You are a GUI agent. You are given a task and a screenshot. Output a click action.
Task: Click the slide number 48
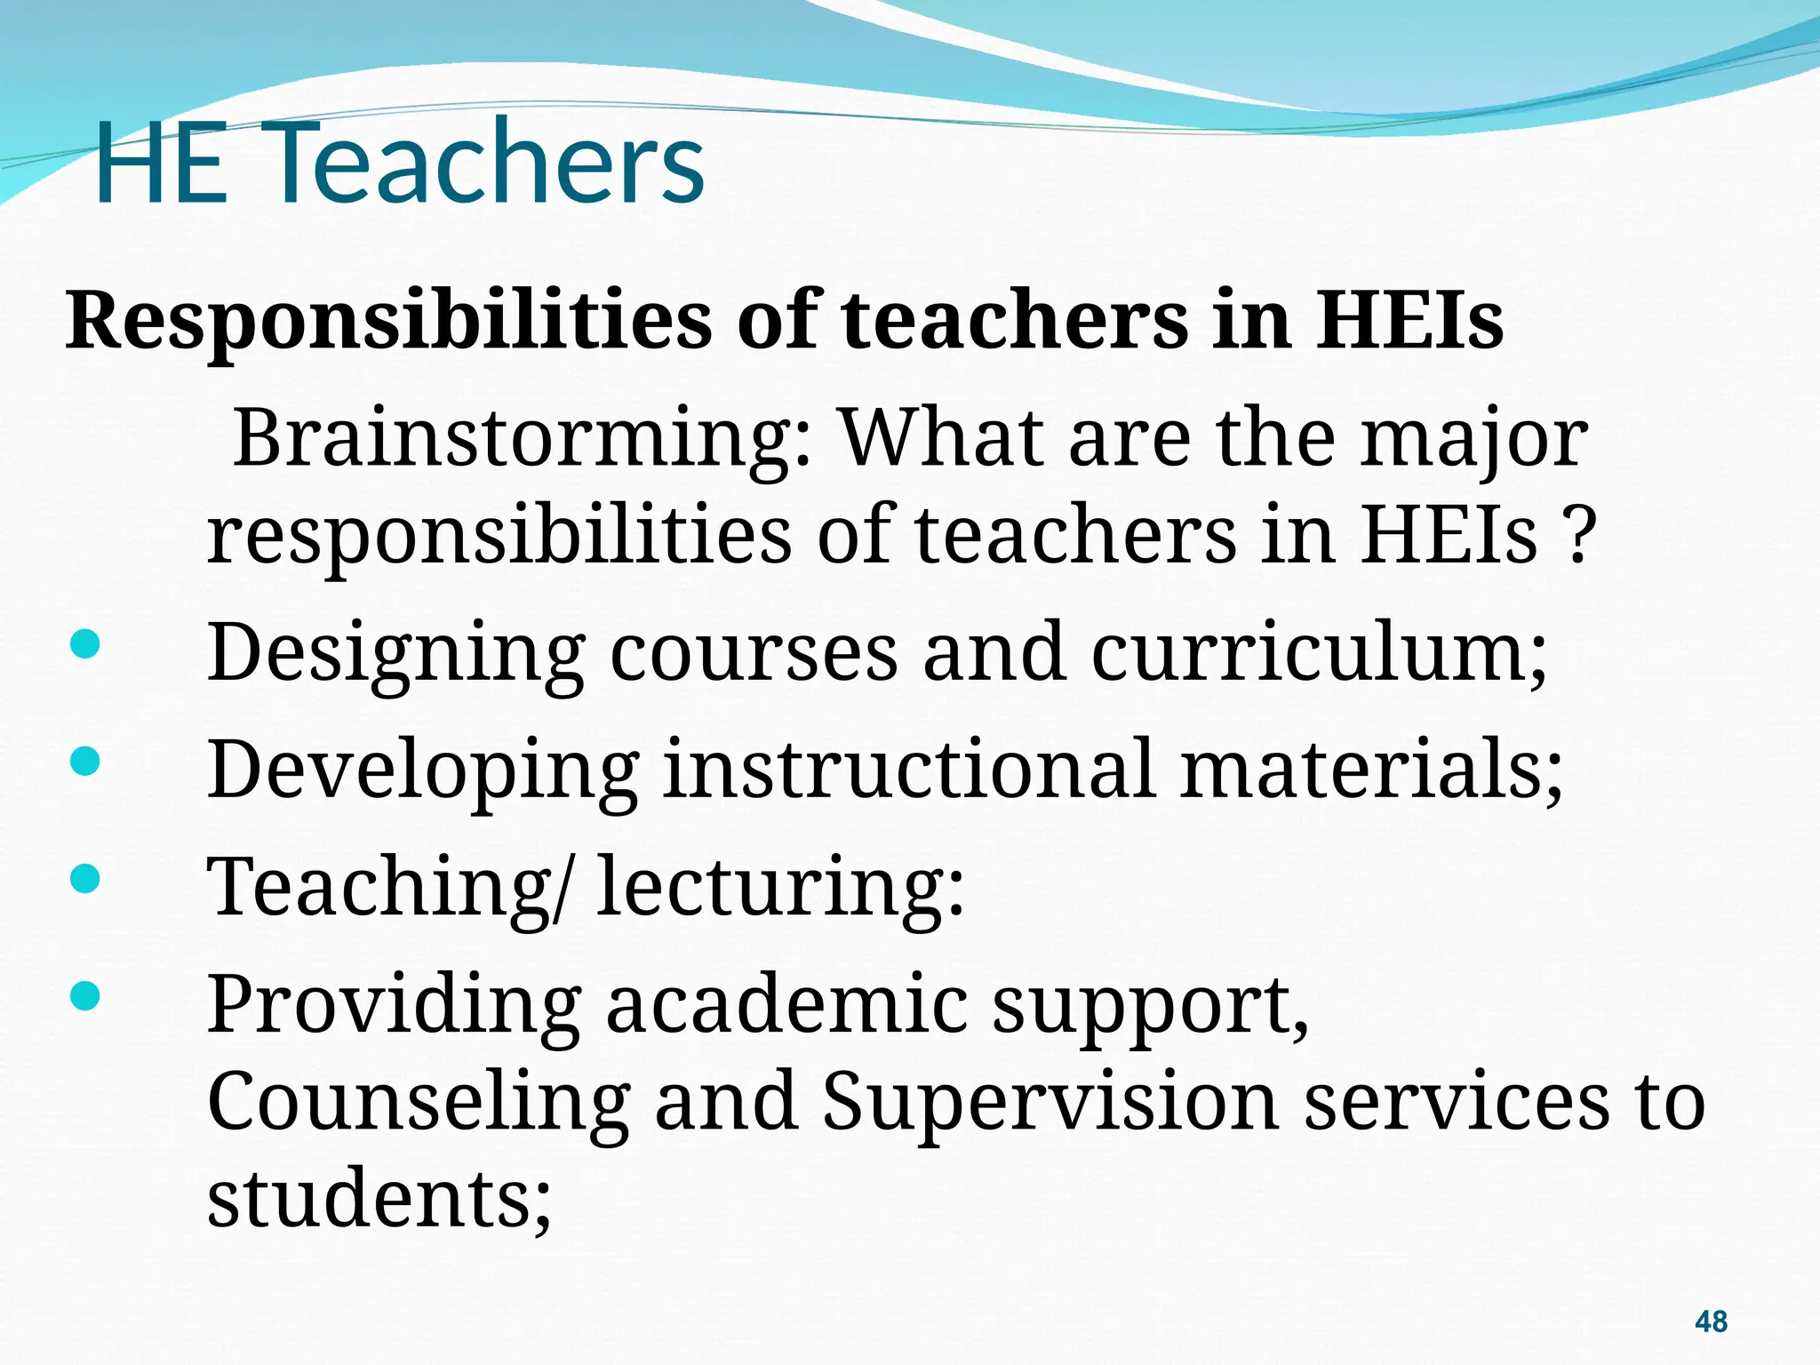click(x=1711, y=1321)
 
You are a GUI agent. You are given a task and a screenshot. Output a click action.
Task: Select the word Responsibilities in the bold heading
click(x=388, y=322)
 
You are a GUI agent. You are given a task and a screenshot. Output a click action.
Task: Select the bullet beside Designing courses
click(x=84, y=645)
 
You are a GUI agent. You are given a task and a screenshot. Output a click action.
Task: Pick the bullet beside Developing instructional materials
click(x=84, y=762)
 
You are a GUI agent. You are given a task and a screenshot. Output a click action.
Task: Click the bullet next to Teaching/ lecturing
click(x=84, y=879)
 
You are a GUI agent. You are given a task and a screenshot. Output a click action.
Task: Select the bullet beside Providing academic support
click(x=84, y=995)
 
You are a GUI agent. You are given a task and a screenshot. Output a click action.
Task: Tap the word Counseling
click(x=419, y=1102)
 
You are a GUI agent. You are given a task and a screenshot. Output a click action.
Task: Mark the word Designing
click(x=395, y=654)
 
